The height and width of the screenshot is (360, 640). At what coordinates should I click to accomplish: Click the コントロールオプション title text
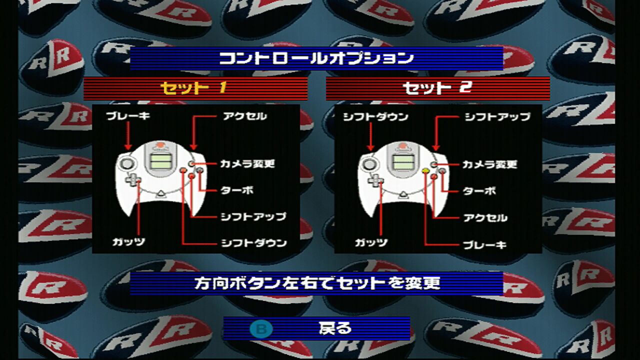click(316, 58)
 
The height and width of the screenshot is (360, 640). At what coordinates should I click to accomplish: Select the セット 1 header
click(193, 88)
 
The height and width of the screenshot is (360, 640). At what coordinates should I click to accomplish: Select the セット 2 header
click(437, 88)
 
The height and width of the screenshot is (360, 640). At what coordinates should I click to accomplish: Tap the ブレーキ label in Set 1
click(127, 116)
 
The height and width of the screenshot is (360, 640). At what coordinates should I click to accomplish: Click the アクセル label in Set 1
click(245, 116)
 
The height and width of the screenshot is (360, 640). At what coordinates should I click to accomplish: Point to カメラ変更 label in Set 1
click(247, 164)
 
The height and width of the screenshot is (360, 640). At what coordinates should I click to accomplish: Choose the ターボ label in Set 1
click(237, 190)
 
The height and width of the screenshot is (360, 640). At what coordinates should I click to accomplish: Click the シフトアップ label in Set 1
click(253, 217)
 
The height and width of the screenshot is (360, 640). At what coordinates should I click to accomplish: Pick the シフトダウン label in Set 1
click(254, 243)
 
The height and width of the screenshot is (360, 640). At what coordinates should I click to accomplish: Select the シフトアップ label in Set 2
click(497, 117)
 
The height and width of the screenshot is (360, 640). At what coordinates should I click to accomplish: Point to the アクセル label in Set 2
click(485, 218)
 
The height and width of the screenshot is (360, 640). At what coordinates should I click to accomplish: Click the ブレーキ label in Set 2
click(485, 245)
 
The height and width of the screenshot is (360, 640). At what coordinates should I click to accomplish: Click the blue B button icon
click(261, 329)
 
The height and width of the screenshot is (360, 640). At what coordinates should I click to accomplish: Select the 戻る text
click(335, 328)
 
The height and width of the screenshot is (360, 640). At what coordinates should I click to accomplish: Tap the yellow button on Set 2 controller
click(425, 171)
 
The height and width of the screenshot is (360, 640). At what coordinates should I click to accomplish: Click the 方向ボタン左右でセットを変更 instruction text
click(317, 283)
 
